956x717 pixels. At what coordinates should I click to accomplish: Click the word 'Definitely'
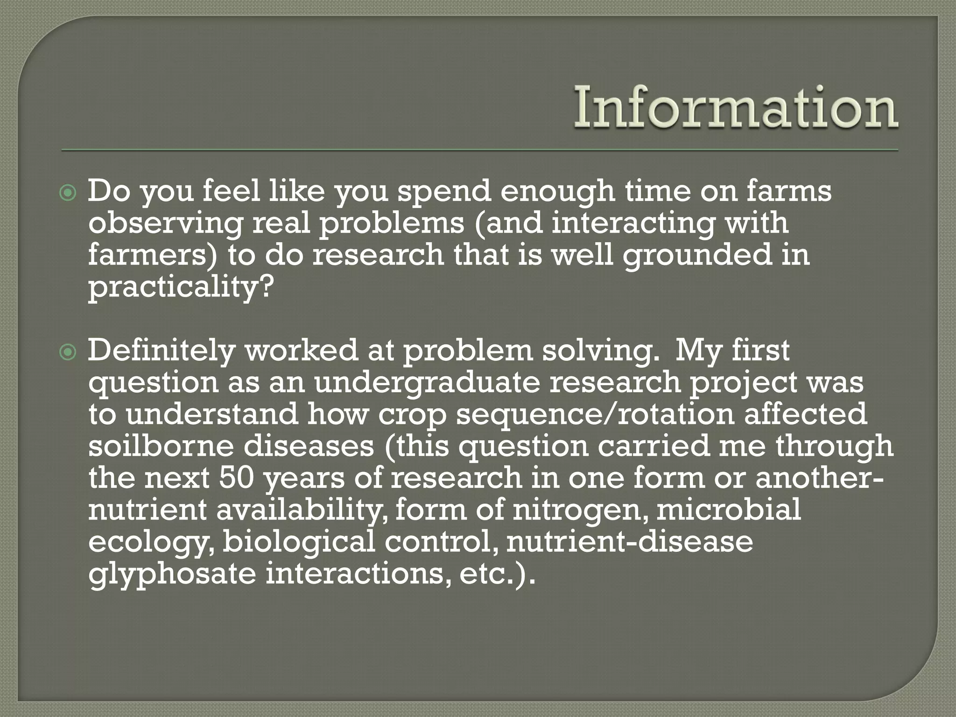point(161,351)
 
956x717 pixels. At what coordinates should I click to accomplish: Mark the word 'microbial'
point(729,510)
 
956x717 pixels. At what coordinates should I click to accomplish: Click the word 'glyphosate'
point(172,574)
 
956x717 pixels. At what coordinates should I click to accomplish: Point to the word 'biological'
point(299,541)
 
